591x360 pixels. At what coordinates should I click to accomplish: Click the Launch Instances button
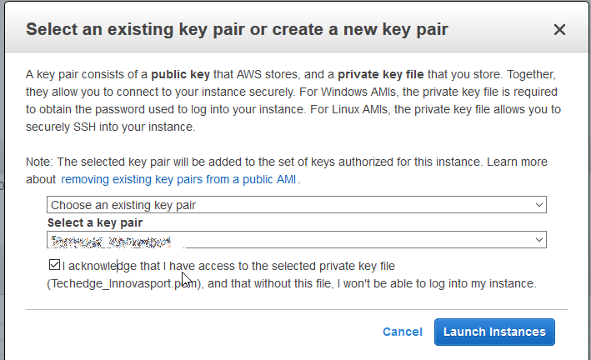coord(494,332)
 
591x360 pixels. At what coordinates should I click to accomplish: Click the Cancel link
coord(402,332)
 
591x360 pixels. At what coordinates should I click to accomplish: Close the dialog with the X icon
coord(559,30)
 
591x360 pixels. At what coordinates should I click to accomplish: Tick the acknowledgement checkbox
coord(54,266)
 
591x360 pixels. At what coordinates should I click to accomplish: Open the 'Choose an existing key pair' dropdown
coord(296,205)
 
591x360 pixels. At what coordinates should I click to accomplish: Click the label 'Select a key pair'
coord(95,222)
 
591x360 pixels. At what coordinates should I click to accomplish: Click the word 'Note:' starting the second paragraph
coord(40,162)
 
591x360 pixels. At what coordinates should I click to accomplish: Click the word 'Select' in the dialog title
coord(55,30)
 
